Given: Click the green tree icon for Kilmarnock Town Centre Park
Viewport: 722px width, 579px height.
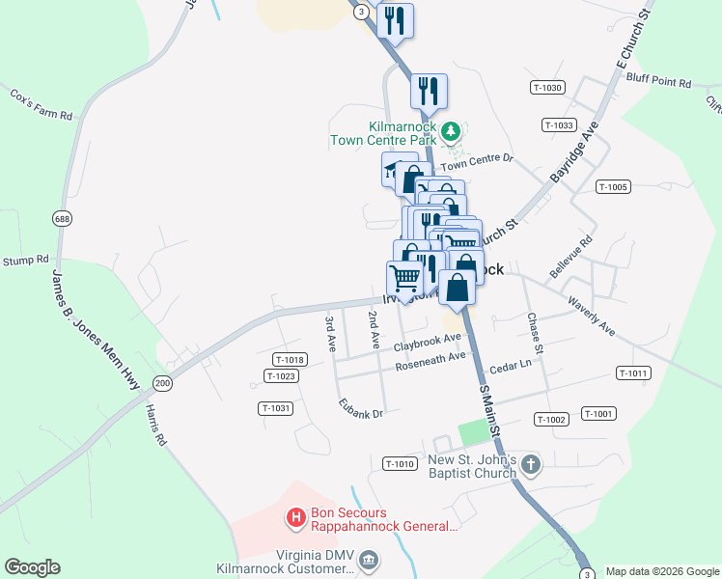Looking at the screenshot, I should pos(450,130).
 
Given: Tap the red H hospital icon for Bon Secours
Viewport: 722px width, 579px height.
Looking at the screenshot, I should pos(297,519).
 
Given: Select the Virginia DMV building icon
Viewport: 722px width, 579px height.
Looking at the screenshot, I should pos(369,560).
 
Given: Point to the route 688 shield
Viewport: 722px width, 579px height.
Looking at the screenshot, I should pos(63,219).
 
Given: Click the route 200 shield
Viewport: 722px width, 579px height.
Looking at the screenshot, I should pos(162,383).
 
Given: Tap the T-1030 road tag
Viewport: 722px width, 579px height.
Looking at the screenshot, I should pos(546,88).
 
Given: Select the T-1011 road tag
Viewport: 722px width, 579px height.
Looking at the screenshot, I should pos(633,373).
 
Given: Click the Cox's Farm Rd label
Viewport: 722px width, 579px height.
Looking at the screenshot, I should pos(42,105).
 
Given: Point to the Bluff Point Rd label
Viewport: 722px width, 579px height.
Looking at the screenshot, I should pos(658,83).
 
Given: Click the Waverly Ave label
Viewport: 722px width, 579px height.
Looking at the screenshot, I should pos(592,316).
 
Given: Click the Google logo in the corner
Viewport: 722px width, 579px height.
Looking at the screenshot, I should pos(32,567).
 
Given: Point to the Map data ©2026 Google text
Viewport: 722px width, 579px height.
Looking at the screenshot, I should pos(661,571).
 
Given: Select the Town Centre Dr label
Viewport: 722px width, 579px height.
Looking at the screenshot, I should pos(477,162).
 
